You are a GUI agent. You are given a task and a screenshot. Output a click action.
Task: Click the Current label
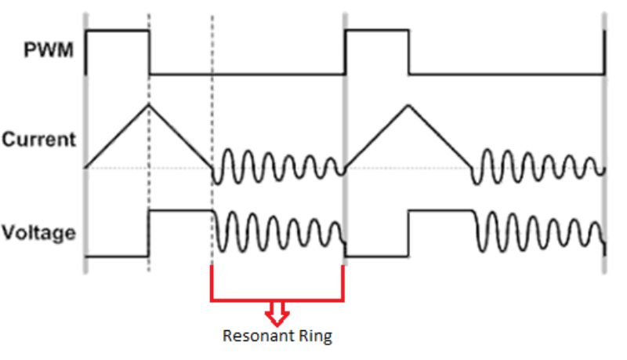(39, 141)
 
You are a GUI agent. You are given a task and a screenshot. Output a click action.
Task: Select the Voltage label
(40, 233)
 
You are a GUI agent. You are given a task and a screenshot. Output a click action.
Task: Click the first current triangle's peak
(148, 104)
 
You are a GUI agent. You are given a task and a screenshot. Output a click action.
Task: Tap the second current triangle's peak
(407, 104)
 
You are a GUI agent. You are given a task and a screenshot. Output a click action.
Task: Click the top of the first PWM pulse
(118, 31)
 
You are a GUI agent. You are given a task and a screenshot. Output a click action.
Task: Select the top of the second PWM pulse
(376, 31)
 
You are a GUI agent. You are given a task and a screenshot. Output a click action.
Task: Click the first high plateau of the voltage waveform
(180, 211)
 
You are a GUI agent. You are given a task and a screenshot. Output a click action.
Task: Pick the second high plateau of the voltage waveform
(439, 211)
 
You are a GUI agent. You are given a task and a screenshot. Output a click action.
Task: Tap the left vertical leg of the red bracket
(212, 284)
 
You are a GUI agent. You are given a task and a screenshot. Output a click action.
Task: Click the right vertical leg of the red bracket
(343, 284)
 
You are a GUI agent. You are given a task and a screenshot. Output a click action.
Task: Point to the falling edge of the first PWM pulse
(149, 52)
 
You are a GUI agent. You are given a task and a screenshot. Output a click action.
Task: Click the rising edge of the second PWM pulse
(346, 52)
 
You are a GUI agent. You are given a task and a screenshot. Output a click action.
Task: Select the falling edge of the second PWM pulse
(408, 52)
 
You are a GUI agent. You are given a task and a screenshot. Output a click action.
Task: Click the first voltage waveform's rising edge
(149, 233)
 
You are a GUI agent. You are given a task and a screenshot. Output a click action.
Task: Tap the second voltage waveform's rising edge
(408, 233)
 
